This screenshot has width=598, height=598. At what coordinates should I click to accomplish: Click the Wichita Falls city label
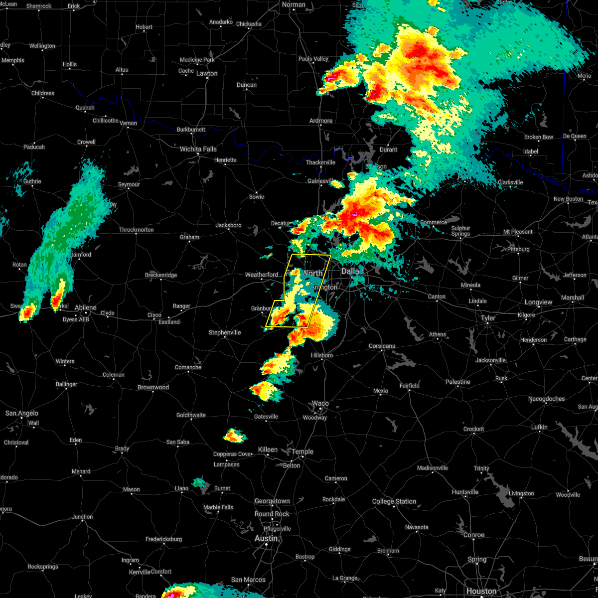[198, 149]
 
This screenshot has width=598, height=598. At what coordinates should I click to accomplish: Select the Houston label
[481, 591]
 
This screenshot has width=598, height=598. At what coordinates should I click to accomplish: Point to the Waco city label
[320, 404]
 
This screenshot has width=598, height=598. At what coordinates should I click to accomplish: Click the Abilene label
[85, 307]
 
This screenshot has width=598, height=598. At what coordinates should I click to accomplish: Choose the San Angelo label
[22, 413]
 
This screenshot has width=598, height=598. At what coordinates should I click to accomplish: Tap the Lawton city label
[207, 73]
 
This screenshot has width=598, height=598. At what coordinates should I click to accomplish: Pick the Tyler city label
[488, 318]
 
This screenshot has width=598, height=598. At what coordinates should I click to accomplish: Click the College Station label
[394, 501]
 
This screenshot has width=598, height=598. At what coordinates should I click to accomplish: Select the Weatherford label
[262, 275]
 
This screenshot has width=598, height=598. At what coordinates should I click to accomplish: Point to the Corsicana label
[382, 346]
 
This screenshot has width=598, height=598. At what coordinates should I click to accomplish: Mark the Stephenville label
[225, 332]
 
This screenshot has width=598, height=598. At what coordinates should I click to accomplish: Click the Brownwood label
[153, 387]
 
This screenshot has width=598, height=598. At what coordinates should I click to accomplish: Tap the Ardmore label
[321, 121]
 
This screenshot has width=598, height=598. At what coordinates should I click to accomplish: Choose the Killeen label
[268, 449]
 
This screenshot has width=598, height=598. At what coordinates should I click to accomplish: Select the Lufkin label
[539, 427]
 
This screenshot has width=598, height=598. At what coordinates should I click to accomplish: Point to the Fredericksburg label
[164, 539]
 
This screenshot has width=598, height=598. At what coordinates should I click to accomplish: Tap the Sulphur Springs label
[460, 231]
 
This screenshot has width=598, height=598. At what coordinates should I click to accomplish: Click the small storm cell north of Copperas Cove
[234, 436]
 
